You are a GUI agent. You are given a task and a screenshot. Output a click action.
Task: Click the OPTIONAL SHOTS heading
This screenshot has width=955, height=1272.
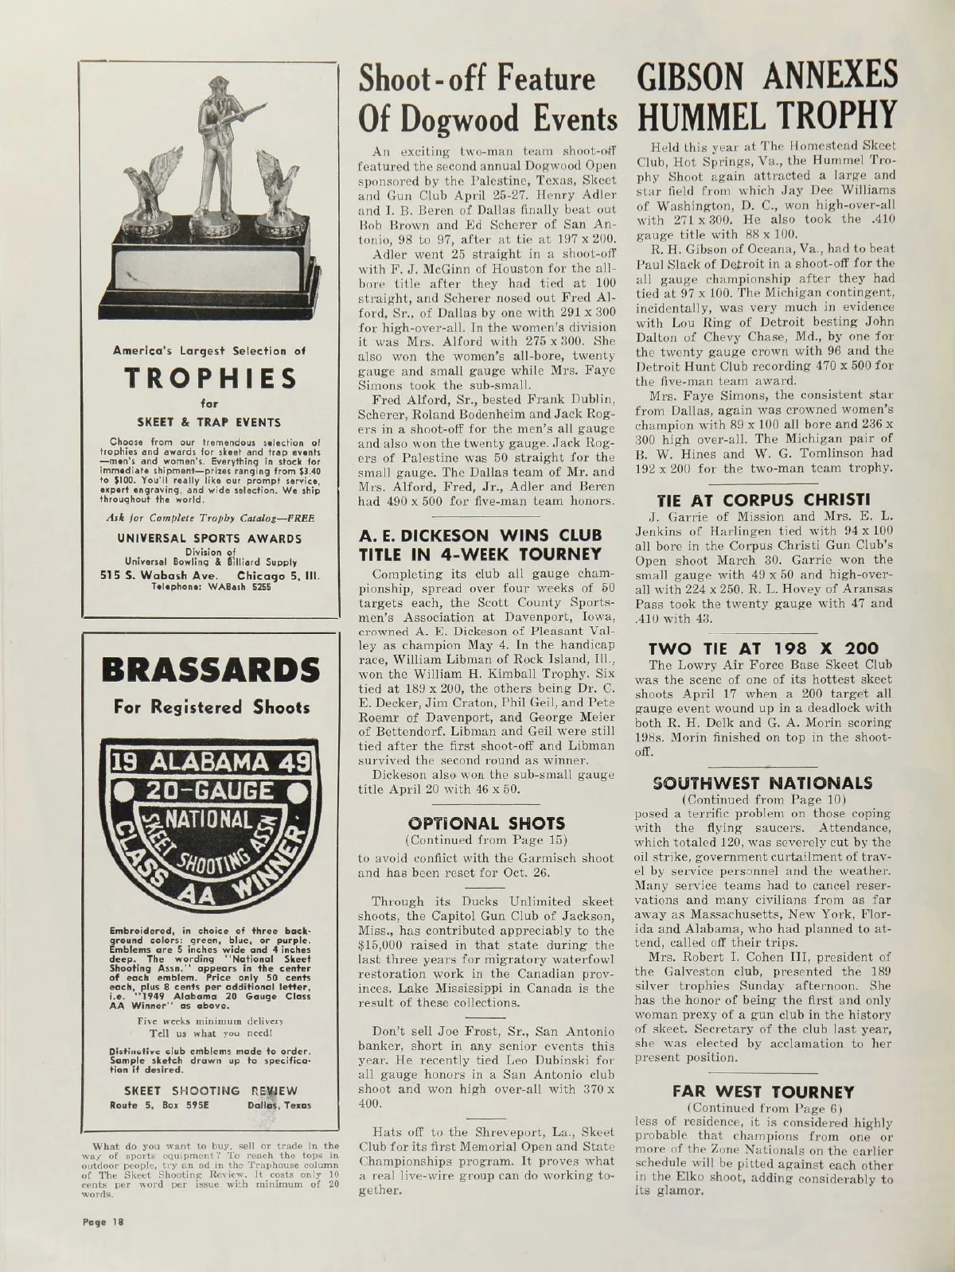(x=485, y=823)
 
